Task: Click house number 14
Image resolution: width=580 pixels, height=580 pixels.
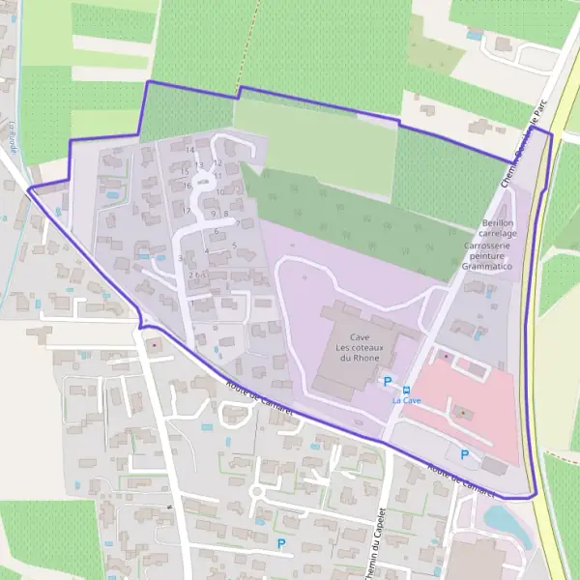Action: tap(190, 150)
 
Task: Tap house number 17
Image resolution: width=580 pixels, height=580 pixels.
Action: tap(187, 210)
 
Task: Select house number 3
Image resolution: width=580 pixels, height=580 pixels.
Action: tap(181, 258)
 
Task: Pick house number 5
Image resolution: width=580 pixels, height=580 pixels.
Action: tap(234, 245)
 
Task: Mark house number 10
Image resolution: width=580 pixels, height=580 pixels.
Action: tap(219, 191)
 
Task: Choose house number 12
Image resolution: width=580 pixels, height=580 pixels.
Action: tap(218, 162)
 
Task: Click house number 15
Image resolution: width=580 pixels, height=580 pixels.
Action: tap(185, 171)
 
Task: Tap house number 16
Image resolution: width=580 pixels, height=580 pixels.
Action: tap(186, 186)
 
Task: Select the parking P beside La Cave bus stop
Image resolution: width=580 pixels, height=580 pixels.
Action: tap(389, 381)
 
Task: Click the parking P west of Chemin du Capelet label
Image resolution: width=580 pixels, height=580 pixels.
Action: tap(281, 544)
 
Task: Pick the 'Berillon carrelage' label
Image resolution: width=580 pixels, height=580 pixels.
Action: tap(498, 228)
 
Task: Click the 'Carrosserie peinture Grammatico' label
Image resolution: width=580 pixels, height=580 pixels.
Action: tap(486, 255)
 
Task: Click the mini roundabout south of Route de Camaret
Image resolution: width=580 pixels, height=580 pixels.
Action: tap(257, 492)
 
